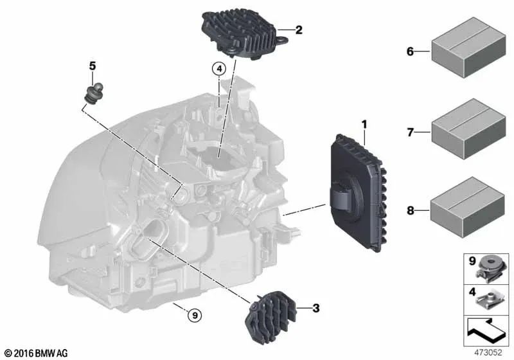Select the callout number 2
click(x=299, y=29)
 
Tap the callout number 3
click(x=315, y=309)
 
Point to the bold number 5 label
click(x=92, y=66)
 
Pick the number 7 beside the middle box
click(x=409, y=132)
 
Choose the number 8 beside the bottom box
click(x=409, y=209)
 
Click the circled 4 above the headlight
click(x=218, y=68)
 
